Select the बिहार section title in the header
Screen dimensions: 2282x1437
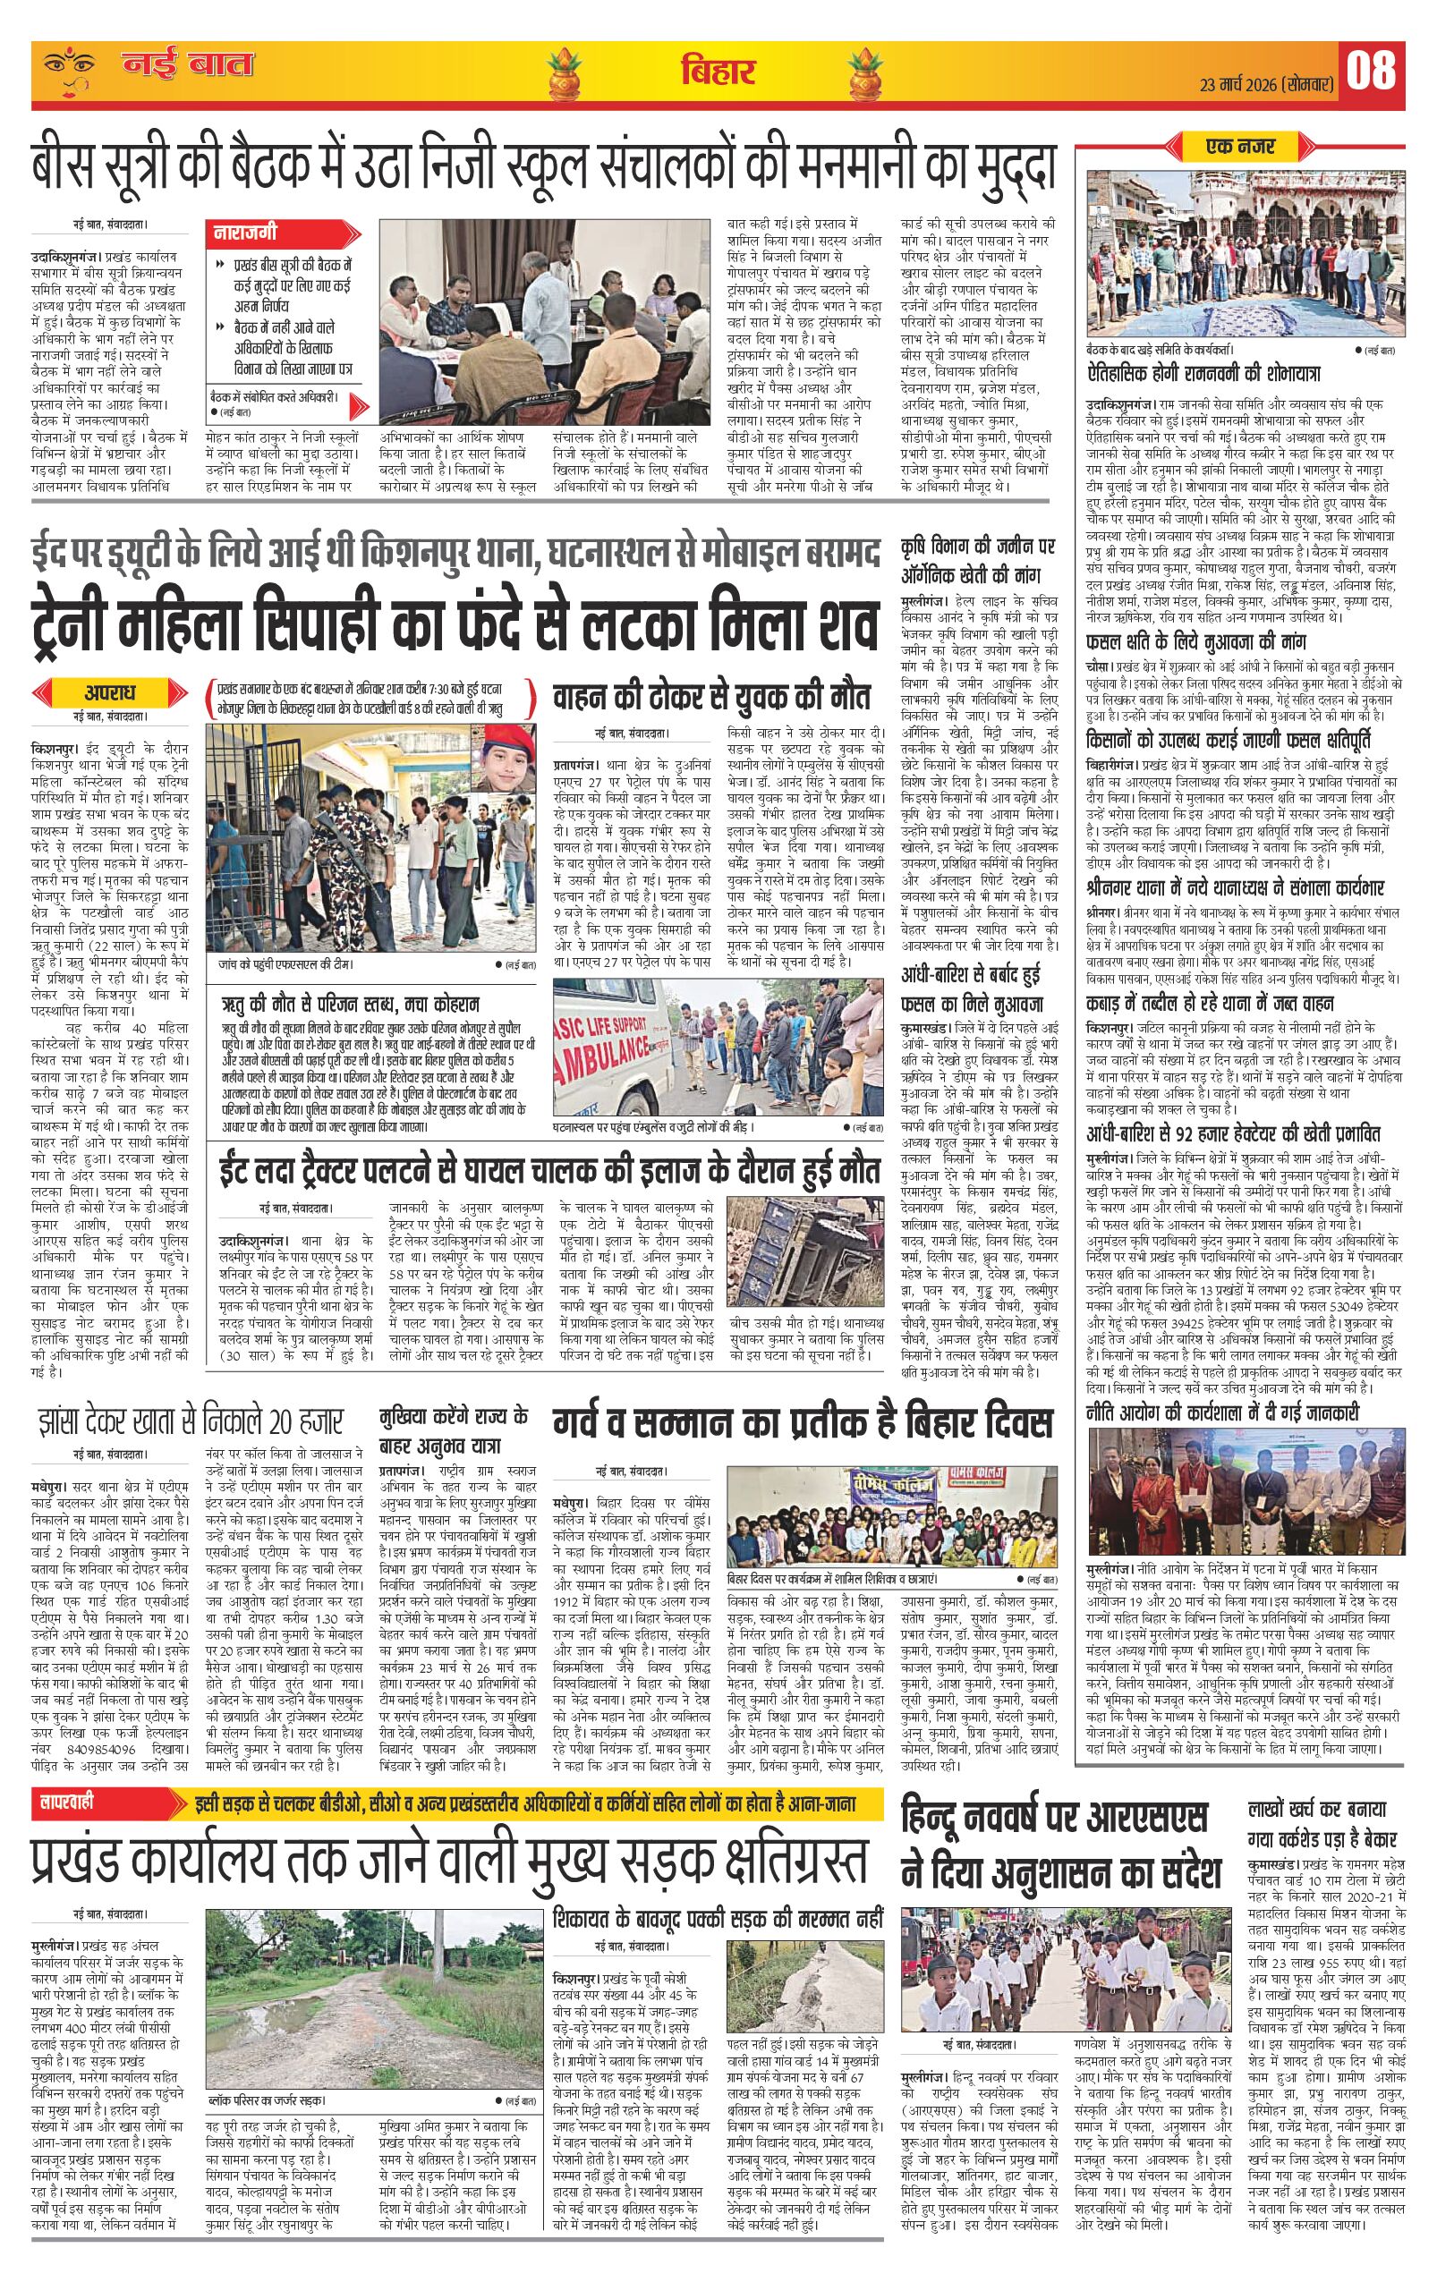[718, 71]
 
